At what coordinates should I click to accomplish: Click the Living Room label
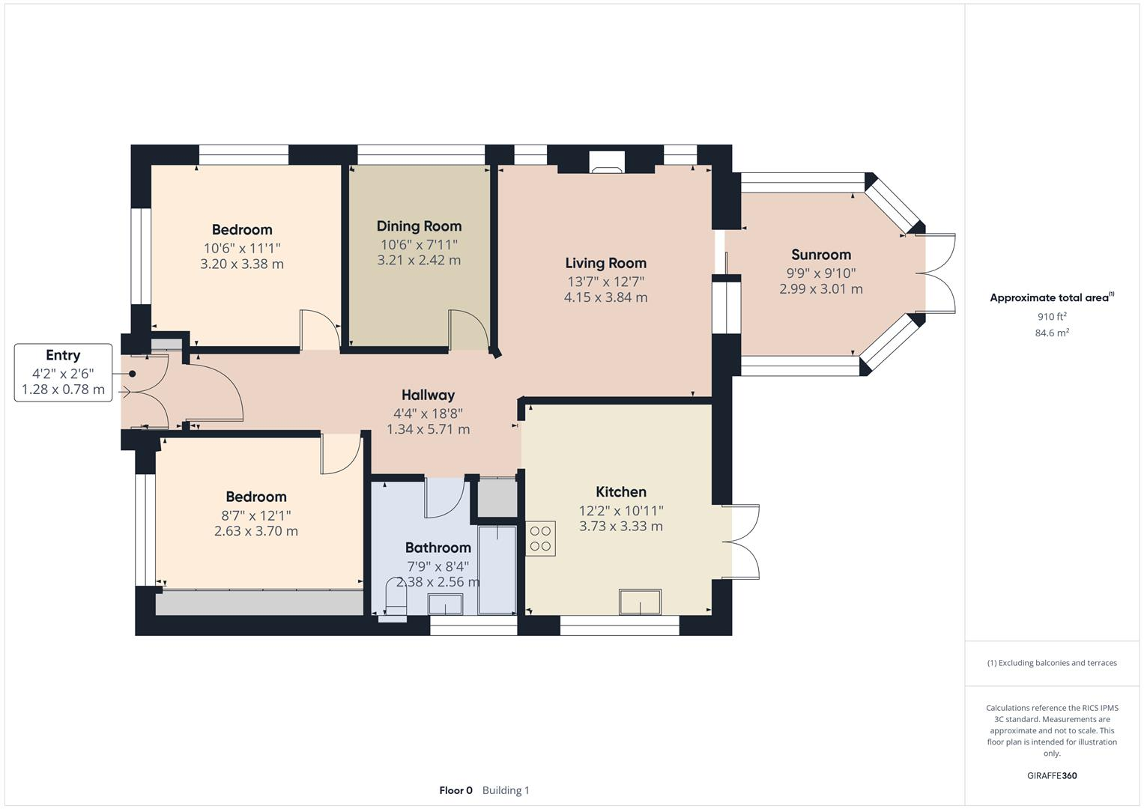(605, 263)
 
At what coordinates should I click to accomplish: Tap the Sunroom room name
(821, 255)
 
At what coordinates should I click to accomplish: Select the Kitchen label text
(621, 492)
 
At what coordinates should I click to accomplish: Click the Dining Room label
(419, 226)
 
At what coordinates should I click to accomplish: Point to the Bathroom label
(438, 548)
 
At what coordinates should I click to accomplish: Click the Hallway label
(428, 395)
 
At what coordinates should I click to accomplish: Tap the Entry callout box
(63, 372)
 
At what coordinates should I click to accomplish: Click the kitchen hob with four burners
(540, 538)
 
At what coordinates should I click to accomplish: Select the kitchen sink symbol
(640, 602)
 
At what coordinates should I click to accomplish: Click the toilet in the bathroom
(393, 598)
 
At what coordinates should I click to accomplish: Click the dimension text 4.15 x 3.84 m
(605, 297)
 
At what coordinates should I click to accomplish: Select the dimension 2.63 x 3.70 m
(256, 531)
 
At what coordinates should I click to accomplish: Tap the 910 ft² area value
(1052, 317)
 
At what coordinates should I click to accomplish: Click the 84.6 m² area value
(1052, 333)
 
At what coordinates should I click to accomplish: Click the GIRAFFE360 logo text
(1052, 775)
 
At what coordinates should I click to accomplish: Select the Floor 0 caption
(456, 790)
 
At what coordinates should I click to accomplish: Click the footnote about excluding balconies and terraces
(1052, 663)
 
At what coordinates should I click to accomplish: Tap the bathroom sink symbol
(445, 604)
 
